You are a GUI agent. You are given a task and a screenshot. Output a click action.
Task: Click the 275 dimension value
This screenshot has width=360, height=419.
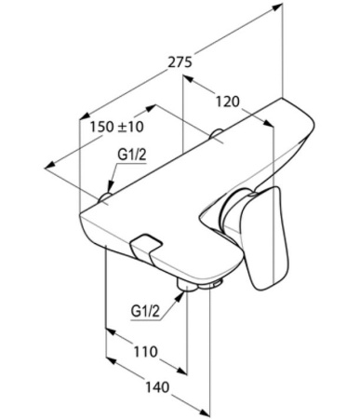[x=180, y=62]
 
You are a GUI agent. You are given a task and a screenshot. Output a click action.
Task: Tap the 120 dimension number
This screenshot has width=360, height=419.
[x=228, y=101]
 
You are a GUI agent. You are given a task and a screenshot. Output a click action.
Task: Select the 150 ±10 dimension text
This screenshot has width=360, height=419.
[x=117, y=127]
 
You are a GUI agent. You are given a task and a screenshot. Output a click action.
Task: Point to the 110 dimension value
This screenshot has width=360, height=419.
[x=146, y=352]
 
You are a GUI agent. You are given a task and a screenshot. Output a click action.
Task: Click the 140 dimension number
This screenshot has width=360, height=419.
[x=158, y=387]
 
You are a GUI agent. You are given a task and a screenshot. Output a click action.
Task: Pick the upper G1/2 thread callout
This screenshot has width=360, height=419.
[x=131, y=155]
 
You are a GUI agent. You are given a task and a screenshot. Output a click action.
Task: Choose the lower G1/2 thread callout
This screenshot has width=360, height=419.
[x=145, y=311]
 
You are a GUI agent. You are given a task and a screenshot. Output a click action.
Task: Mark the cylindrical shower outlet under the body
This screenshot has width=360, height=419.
[x=187, y=285]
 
